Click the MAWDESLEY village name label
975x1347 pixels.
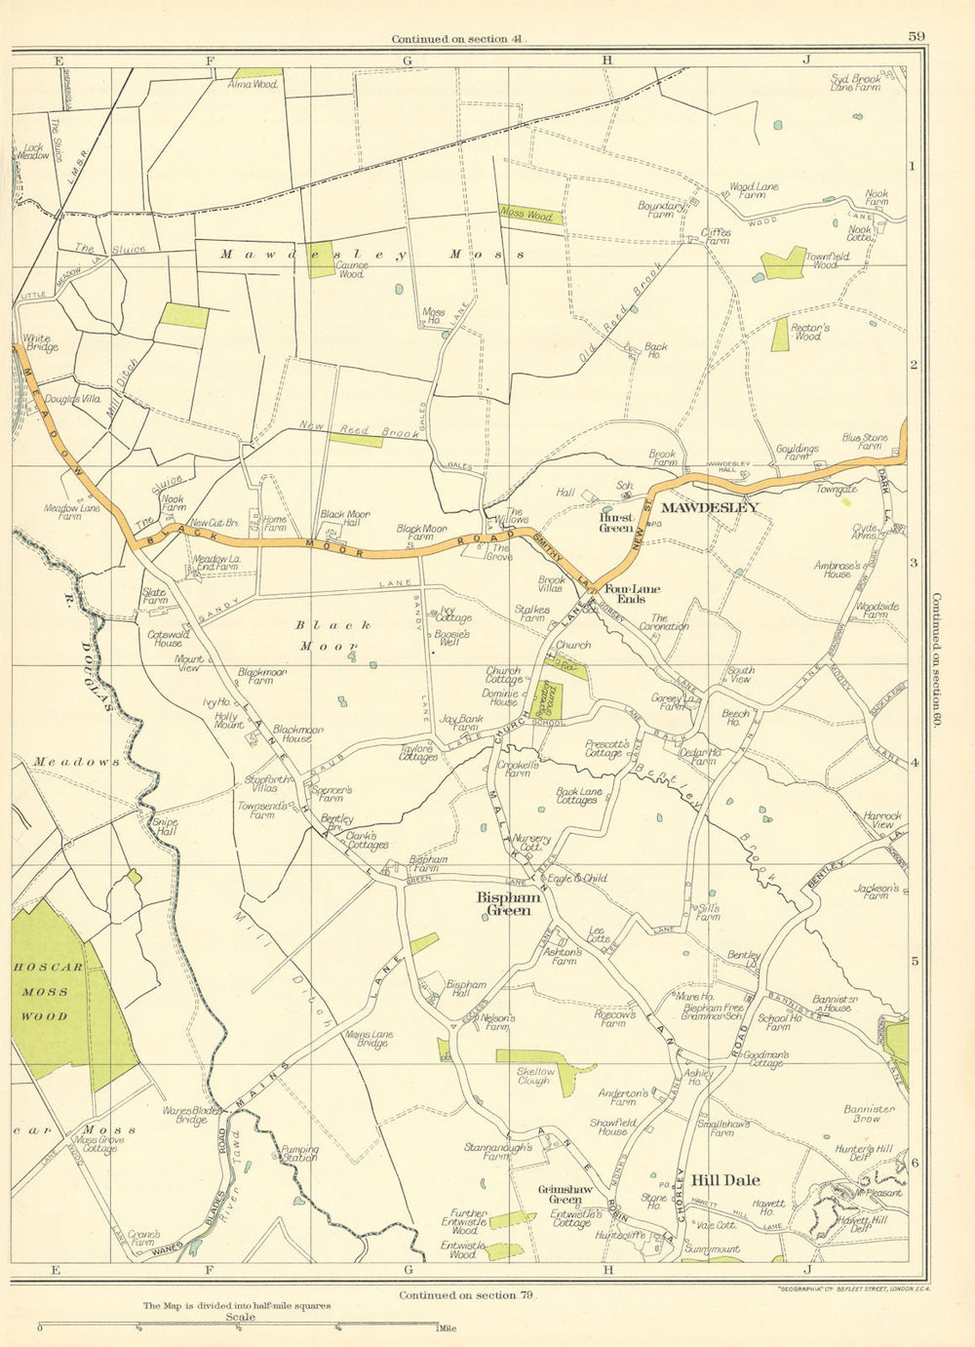(x=710, y=508)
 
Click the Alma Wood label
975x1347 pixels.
(x=253, y=85)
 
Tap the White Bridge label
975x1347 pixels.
(x=41, y=342)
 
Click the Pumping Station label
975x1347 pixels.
(x=299, y=1154)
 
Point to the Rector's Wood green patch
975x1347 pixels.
(x=780, y=335)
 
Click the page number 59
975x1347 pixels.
(x=916, y=37)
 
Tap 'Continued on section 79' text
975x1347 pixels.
(x=466, y=1295)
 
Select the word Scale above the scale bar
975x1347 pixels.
(x=240, y=1318)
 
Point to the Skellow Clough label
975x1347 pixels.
(x=534, y=1076)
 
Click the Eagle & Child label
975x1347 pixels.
(x=577, y=879)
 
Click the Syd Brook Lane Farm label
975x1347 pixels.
(x=855, y=82)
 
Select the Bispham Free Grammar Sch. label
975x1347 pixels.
(x=714, y=1012)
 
